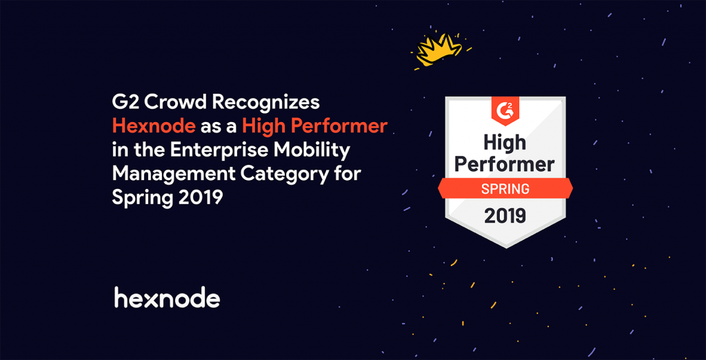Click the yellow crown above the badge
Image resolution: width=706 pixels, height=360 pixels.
[436, 49]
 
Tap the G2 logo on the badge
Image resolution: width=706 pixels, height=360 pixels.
[505, 109]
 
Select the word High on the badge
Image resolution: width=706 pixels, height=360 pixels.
[505, 143]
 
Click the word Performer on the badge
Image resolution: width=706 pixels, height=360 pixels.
[505, 165]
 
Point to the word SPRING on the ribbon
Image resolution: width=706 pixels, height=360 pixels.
[505, 188]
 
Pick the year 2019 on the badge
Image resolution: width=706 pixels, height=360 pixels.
[505, 215]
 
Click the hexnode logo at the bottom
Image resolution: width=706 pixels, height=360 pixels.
[167, 298]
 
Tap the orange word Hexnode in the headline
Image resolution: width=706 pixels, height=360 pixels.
[154, 126]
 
